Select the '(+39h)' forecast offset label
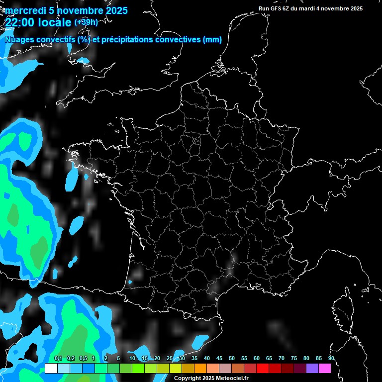point(86,22)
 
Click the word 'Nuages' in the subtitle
point(19,40)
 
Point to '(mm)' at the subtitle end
point(212,40)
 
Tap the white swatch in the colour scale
point(51,368)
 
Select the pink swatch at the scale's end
point(325,368)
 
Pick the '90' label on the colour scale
point(331,358)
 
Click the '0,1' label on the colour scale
point(58,358)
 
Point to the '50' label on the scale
point(232,358)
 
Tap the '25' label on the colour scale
point(170,358)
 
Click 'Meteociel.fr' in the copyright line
point(232,378)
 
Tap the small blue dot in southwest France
point(130,282)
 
